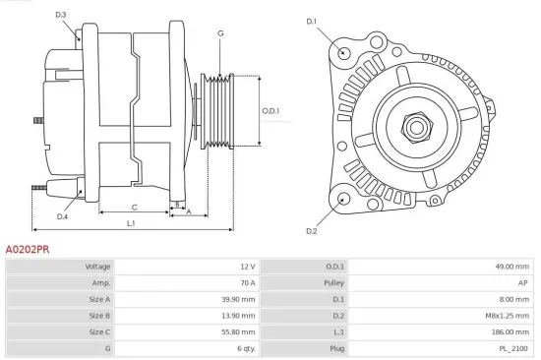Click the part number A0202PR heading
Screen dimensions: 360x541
coord(27,250)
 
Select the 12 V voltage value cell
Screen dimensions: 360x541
coord(247,267)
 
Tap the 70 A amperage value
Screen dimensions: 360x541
coord(247,282)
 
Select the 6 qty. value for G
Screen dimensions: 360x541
coord(245,348)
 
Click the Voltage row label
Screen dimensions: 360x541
coord(97,267)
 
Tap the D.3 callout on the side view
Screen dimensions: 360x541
coord(60,15)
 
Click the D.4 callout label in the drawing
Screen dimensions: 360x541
coord(62,216)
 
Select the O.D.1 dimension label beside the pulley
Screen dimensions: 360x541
coord(271,111)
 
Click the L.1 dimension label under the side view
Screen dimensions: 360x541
coord(131,224)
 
